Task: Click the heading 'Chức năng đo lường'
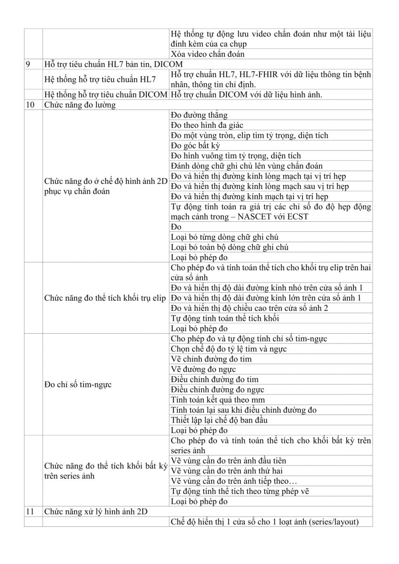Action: pos(80,105)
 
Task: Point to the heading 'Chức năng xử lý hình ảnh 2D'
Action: pos(96,512)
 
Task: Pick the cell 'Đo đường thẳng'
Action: pos(199,115)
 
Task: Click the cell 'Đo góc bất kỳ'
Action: pos(196,146)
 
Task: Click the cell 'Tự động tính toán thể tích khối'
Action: pos(225,318)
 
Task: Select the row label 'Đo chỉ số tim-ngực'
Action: pos(78,384)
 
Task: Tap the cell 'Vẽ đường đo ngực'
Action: pos(203,369)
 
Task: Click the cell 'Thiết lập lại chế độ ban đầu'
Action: pos(219,420)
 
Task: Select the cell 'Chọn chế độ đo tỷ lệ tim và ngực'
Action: pos(229,349)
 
